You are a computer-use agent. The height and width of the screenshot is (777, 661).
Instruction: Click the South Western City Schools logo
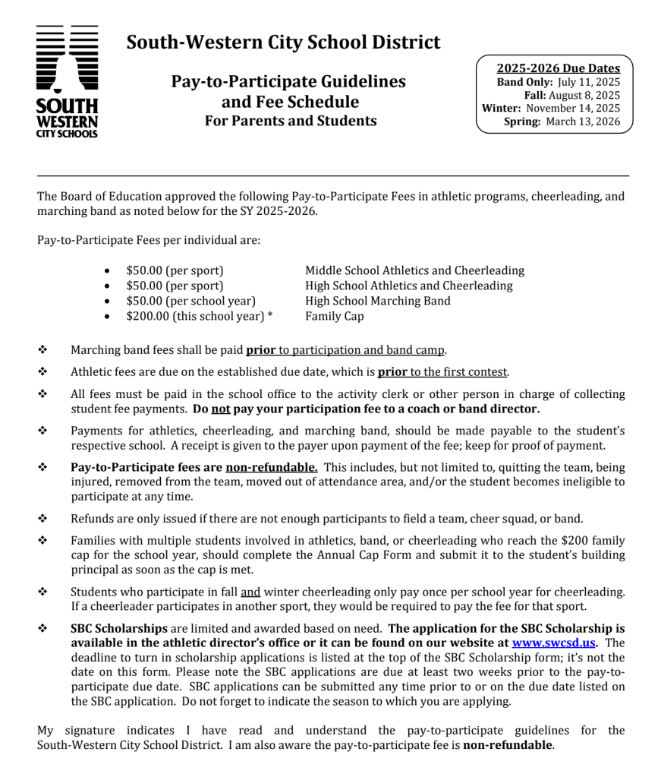click(67, 81)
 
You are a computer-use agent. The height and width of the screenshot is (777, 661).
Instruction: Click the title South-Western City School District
click(283, 42)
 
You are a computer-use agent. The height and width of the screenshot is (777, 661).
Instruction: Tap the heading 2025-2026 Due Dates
click(558, 68)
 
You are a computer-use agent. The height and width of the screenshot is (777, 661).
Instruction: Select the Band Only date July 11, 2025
click(589, 82)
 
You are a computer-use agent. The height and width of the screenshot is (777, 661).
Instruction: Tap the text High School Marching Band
click(377, 301)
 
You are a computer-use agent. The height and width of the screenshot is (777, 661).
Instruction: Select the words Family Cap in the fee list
click(334, 316)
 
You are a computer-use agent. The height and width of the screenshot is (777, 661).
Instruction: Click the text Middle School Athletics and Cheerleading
click(414, 270)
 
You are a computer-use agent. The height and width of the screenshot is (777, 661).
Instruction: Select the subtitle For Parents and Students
click(291, 121)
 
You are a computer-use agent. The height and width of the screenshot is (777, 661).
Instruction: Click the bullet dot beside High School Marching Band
click(112, 302)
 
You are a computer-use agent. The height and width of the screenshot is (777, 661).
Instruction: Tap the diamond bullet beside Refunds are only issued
click(42, 520)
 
